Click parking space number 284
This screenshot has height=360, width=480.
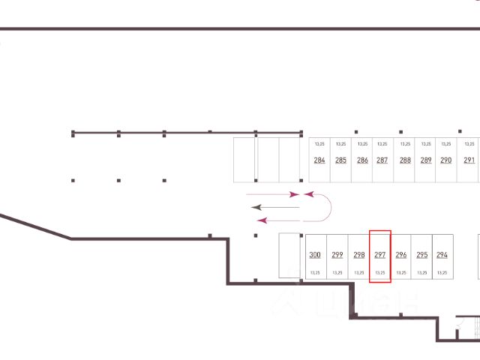[x=319, y=160]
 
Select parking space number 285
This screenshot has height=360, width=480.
[x=340, y=160]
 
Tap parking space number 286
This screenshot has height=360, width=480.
[x=362, y=160]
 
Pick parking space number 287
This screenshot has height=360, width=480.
[x=382, y=160]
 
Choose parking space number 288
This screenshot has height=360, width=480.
[x=405, y=160]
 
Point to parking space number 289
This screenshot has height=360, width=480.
[x=426, y=160]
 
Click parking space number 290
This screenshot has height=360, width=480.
[x=445, y=160]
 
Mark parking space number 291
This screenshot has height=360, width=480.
[x=469, y=160]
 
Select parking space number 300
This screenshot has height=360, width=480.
[x=315, y=255]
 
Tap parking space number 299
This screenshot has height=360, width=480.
[x=337, y=255]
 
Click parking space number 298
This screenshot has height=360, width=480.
[x=358, y=255]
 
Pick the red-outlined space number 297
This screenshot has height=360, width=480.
[x=379, y=256]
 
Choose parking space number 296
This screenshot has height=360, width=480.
[x=400, y=255]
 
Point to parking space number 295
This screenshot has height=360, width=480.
[x=421, y=255]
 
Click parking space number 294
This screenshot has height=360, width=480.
[x=442, y=255]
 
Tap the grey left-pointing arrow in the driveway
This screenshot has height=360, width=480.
[x=274, y=206]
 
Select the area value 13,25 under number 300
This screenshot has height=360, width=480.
[x=315, y=273]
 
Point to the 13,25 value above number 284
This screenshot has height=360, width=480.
[x=319, y=143]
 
